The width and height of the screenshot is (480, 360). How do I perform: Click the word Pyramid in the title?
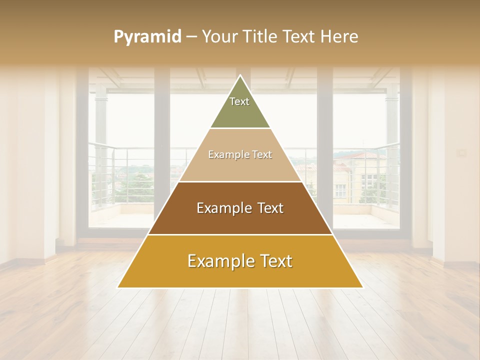147,37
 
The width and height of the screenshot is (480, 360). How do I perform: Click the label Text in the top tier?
239,101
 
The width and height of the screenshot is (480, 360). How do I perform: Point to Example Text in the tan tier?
240,155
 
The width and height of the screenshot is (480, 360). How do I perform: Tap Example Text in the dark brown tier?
240,208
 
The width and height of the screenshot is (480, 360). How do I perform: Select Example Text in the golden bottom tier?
240,261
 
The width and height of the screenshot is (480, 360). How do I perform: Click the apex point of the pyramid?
240,76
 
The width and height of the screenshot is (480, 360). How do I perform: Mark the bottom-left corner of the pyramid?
118,287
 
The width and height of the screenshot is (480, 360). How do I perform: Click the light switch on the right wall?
462,152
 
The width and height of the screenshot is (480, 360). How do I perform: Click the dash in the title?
191,37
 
